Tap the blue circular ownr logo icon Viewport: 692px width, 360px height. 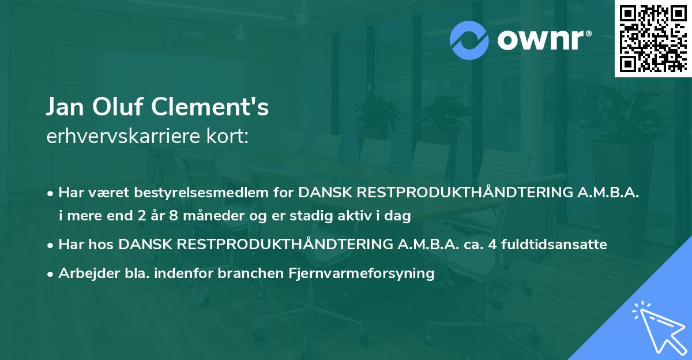point(470,40)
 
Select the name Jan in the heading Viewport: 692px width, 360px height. point(63,108)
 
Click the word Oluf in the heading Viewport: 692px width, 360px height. point(113,108)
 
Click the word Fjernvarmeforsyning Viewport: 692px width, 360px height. point(362,273)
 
